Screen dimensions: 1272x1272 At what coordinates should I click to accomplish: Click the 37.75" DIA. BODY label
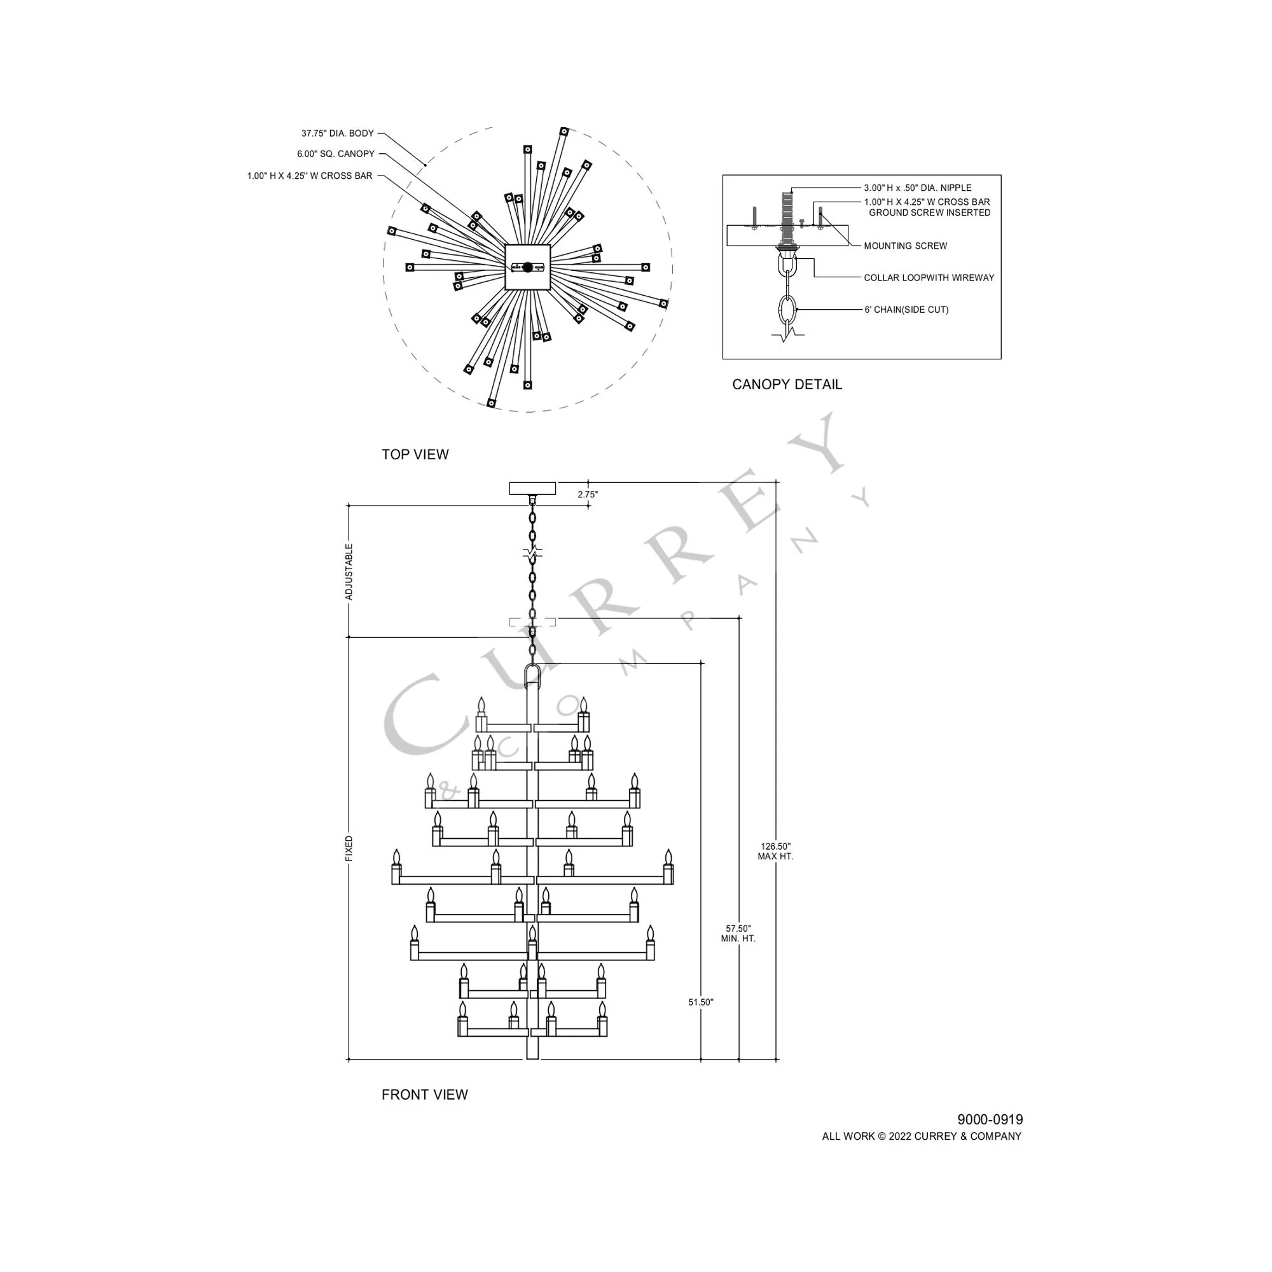tap(337, 134)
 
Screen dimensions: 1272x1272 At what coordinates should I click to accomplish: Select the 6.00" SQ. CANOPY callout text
tap(335, 154)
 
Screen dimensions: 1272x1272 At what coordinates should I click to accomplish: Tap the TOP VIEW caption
tap(415, 454)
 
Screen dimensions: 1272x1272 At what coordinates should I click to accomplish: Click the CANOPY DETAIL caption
tap(787, 385)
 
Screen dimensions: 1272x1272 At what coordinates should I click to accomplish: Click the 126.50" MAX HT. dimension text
tap(775, 852)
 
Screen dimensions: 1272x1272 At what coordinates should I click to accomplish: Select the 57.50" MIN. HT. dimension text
tap(738, 934)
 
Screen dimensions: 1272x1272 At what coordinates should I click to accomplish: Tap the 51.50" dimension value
tap(700, 1002)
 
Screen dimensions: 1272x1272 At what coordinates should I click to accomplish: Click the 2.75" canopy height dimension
tap(588, 494)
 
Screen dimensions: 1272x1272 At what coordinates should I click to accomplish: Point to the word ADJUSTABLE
tap(349, 572)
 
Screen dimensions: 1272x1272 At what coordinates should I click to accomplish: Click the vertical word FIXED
tap(349, 848)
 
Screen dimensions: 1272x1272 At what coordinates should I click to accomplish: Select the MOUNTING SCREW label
tap(905, 246)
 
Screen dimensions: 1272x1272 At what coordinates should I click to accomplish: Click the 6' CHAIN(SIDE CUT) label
tap(906, 310)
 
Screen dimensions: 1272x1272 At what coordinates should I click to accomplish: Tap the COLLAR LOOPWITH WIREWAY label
tap(929, 278)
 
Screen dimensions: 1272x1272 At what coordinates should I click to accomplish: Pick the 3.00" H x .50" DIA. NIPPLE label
tap(918, 188)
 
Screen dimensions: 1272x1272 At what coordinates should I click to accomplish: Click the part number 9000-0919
tap(990, 1119)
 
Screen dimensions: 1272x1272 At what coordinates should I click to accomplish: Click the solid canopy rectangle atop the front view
tap(532, 488)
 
